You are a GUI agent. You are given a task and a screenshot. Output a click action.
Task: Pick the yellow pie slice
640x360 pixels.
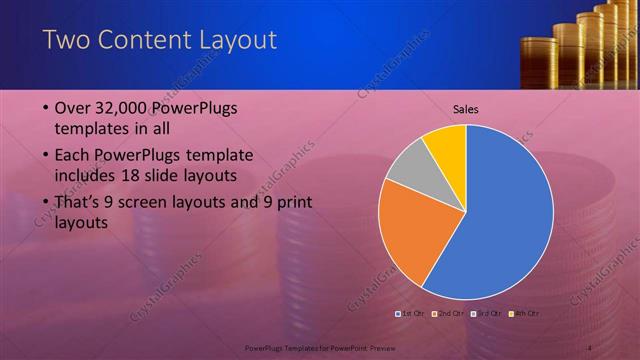point(446,144)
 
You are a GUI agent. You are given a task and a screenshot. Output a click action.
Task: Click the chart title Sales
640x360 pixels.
point(467,109)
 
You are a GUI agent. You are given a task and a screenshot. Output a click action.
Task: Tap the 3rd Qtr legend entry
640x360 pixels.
point(486,314)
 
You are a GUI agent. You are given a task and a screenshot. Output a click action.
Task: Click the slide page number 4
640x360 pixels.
point(590,348)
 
